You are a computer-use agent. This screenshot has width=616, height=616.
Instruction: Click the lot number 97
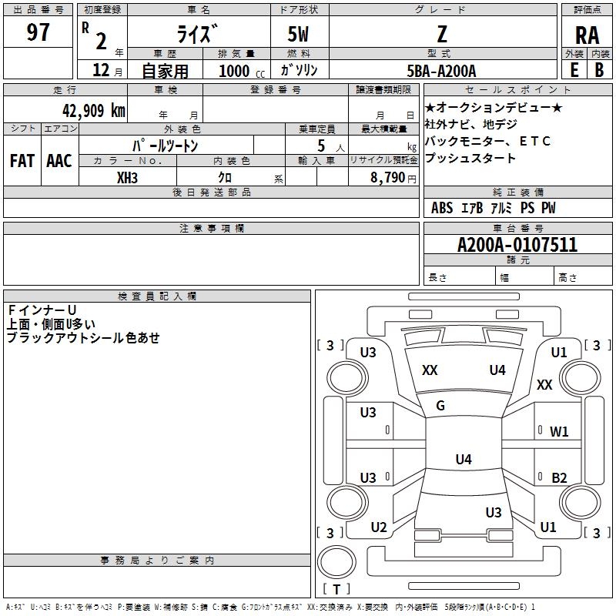38,32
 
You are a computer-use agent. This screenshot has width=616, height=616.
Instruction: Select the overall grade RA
587,35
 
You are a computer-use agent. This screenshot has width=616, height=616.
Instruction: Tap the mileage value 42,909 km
94,110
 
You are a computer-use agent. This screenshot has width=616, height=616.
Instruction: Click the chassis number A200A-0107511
517,244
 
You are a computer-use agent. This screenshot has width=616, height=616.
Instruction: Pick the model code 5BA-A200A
441,71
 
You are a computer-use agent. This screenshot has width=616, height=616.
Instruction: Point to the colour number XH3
127,178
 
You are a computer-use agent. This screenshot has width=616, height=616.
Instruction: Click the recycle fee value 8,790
387,177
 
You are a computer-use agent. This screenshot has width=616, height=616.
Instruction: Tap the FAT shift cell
22,161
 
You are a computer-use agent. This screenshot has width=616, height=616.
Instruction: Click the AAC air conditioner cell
59,161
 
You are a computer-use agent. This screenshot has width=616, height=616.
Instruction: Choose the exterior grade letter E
574,70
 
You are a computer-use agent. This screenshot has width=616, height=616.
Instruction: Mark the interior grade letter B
599,70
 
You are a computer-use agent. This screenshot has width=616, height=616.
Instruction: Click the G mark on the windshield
440,405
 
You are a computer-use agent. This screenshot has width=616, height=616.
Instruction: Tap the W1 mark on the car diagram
559,431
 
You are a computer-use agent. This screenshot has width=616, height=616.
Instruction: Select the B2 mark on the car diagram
559,477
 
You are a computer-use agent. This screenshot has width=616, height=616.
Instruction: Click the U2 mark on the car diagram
379,527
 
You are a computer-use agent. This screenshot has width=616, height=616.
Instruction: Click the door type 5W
298,34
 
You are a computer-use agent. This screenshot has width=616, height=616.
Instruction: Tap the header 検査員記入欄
157,296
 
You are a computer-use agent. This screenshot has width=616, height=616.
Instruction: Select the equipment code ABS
442,208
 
